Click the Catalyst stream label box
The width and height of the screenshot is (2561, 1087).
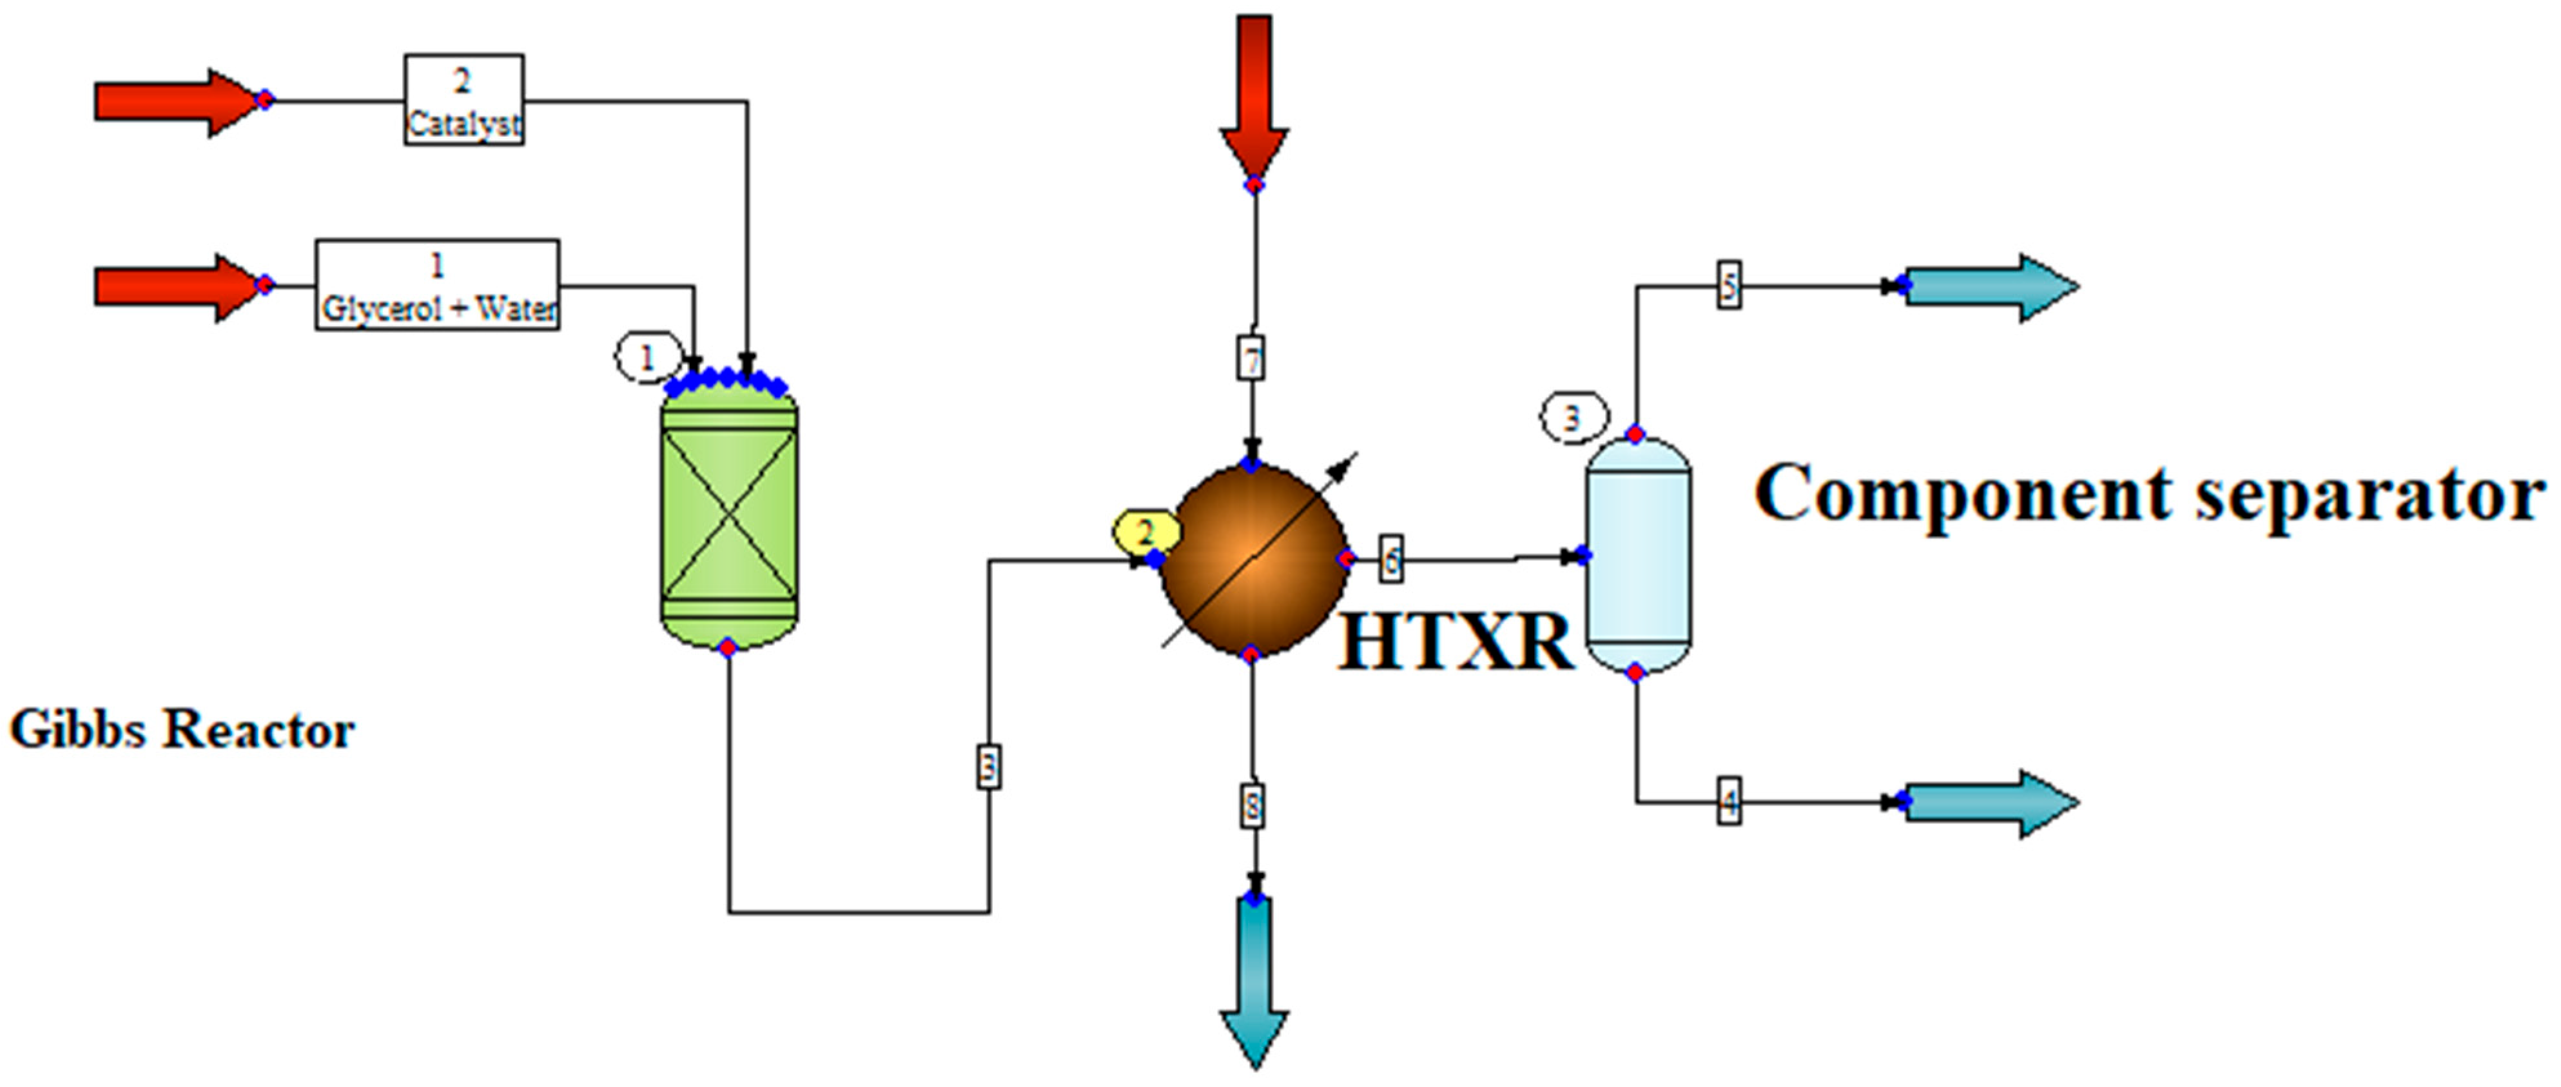point(463,99)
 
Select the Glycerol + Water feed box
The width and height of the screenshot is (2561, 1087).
point(438,286)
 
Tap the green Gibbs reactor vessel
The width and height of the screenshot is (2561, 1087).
point(729,517)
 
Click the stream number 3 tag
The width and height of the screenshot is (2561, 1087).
point(988,767)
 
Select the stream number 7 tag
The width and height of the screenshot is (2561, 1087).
point(1252,358)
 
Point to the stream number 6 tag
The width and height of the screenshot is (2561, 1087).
point(1391,560)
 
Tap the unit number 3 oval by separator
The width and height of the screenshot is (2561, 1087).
point(1572,418)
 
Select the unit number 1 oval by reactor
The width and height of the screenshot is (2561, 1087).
point(647,357)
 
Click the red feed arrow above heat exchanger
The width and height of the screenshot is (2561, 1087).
point(1254,95)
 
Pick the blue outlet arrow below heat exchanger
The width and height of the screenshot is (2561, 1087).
point(1254,979)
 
